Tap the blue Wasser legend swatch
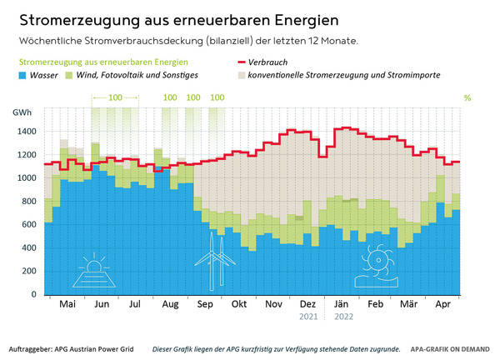click(24, 75)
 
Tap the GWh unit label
click(21, 112)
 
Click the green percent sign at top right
click(467, 97)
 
